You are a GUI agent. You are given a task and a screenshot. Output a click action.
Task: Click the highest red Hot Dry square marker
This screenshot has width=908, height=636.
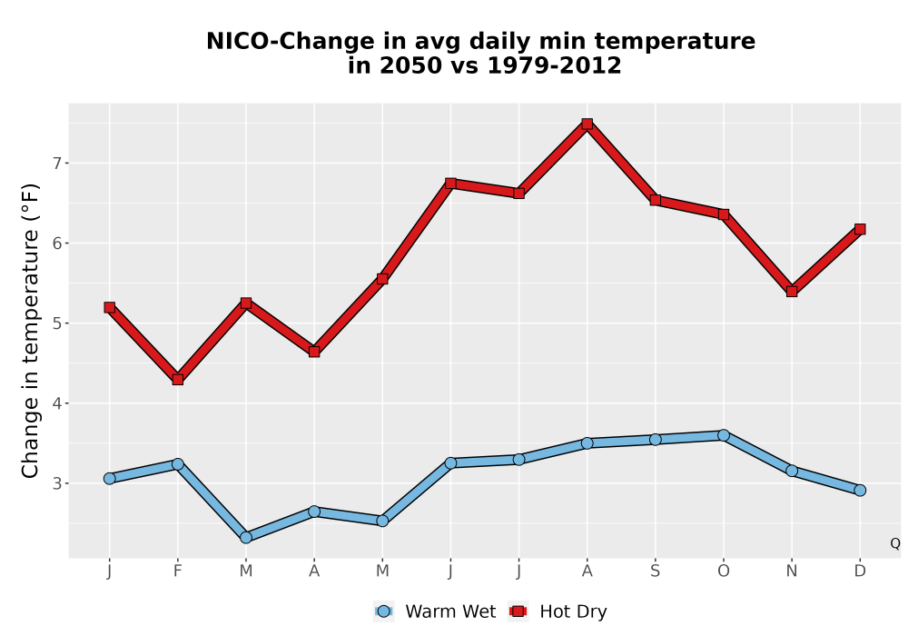[587, 124]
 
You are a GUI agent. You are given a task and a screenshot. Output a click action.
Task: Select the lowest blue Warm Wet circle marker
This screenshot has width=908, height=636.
[245, 537]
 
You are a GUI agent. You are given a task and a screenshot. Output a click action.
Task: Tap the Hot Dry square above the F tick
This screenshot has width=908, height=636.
[178, 380]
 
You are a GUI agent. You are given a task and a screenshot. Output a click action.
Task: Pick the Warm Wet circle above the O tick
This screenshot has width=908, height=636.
[724, 435]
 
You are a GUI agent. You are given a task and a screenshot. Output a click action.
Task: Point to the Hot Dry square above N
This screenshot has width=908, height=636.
[792, 291]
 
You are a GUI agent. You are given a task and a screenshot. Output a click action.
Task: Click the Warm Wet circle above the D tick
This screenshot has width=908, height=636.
[860, 490]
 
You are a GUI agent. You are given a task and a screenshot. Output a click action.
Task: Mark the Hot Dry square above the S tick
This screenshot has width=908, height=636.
[655, 200]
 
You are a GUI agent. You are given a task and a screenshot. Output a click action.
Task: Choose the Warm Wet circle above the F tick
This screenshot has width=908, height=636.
[178, 463]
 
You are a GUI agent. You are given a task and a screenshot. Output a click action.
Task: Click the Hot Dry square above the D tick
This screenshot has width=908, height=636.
[860, 229]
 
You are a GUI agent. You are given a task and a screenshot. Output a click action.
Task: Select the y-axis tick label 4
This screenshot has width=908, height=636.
[56, 403]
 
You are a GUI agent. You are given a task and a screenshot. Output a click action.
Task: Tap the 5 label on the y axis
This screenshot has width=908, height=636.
[56, 323]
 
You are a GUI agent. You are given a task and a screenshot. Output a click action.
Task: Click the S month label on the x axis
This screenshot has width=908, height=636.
[655, 571]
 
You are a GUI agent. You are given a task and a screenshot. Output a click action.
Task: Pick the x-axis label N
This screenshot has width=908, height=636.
[792, 571]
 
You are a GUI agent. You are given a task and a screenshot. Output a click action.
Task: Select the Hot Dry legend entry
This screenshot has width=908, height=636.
[558, 611]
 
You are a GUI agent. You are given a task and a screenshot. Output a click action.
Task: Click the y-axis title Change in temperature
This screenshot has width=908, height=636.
[30, 331]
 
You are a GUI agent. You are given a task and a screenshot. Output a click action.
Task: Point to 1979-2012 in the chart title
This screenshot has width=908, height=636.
[554, 65]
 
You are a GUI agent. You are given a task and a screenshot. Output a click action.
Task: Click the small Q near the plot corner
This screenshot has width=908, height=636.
[895, 543]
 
